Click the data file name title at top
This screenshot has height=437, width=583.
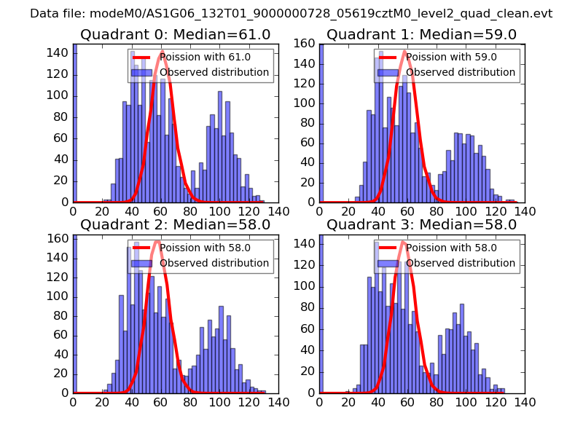[291, 13]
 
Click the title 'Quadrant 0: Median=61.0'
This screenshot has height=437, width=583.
[176, 35]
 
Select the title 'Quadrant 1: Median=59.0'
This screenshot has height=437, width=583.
[422, 35]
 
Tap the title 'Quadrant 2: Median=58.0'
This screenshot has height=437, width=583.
[176, 224]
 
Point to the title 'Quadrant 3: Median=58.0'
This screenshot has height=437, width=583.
[422, 224]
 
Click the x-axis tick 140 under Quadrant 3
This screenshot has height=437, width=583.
[525, 401]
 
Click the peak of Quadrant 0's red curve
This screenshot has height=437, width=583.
[163, 51]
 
